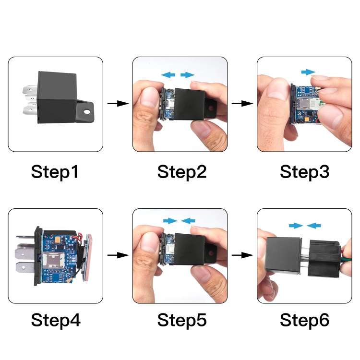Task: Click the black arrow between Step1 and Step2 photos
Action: click(x=118, y=104)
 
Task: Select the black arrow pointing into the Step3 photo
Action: click(x=242, y=104)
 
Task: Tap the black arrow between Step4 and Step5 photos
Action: click(x=118, y=255)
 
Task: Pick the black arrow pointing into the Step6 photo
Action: click(x=242, y=255)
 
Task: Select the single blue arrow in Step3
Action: click(x=308, y=72)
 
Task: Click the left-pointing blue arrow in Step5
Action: click(x=189, y=220)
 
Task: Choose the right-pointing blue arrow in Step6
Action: click(x=295, y=225)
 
